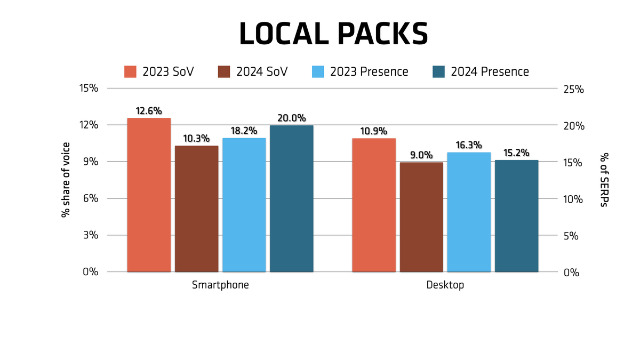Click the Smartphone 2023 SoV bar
click(x=149, y=195)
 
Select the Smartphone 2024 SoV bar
click(x=196, y=209)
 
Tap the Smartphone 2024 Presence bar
click(x=291, y=198)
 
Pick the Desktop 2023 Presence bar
click(x=469, y=212)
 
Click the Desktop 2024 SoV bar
click(x=421, y=217)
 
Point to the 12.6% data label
click(x=149, y=111)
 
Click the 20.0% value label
click(x=291, y=118)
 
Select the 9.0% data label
click(x=421, y=155)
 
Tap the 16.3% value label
click(x=469, y=145)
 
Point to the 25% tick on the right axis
click(x=574, y=89)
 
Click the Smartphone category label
click(x=220, y=285)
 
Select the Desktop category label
click(x=445, y=285)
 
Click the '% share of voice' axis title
click(x=66, y=180)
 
